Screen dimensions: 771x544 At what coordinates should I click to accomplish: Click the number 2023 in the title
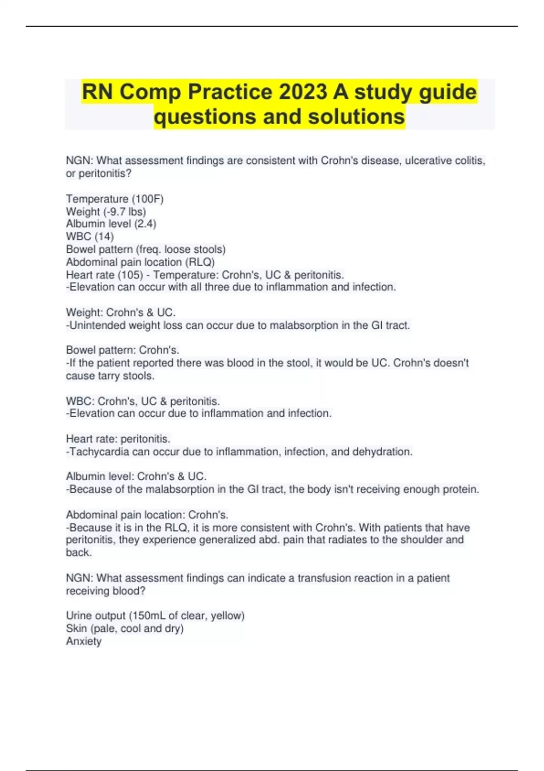point(303,92)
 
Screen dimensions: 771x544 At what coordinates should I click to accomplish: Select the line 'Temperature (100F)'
point(115,199)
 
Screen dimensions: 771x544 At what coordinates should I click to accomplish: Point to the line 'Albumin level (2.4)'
point(111,224)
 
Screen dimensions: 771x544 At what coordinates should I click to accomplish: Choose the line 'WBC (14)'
point(90,237)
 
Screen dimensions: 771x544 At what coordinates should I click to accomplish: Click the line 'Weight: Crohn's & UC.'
point(121,312)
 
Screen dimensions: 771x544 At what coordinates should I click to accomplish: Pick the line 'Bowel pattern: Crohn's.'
point(122,350)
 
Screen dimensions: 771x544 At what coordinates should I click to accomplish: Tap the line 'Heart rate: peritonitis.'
point(118,439)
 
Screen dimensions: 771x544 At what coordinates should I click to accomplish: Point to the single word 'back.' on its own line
point(79,552)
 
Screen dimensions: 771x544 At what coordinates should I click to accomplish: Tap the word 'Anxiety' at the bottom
point(84,641)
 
